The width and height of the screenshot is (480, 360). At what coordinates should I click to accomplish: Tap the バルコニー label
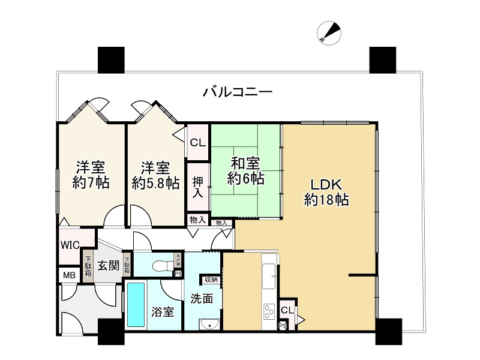pyautogui.click(x=238, y=92)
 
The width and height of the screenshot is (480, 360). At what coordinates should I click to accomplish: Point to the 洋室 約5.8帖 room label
pyautogui.click(x=155, y=175)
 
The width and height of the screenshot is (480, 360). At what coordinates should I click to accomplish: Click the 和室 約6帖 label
pyautogui.click(x=245, y=170)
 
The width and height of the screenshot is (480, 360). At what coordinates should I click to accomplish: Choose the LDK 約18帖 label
pyautogui.click(x=327, y=191)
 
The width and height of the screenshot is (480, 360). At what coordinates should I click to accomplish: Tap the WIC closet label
pyautogui.click(x=68, y=245)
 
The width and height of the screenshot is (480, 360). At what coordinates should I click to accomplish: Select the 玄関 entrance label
pyautogui.click(x=108, y=265)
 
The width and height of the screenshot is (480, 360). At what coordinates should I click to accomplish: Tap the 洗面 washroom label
pyautogui.click(x=202, y=298)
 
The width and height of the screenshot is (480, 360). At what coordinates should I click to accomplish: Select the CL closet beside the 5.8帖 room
pyautogui.click(x=197, y=143)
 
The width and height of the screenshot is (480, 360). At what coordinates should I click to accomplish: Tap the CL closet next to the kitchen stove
pyautogui.click(x=287, y=310)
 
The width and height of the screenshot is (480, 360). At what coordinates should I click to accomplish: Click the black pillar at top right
pyautogui.click(x=382, y=59)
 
